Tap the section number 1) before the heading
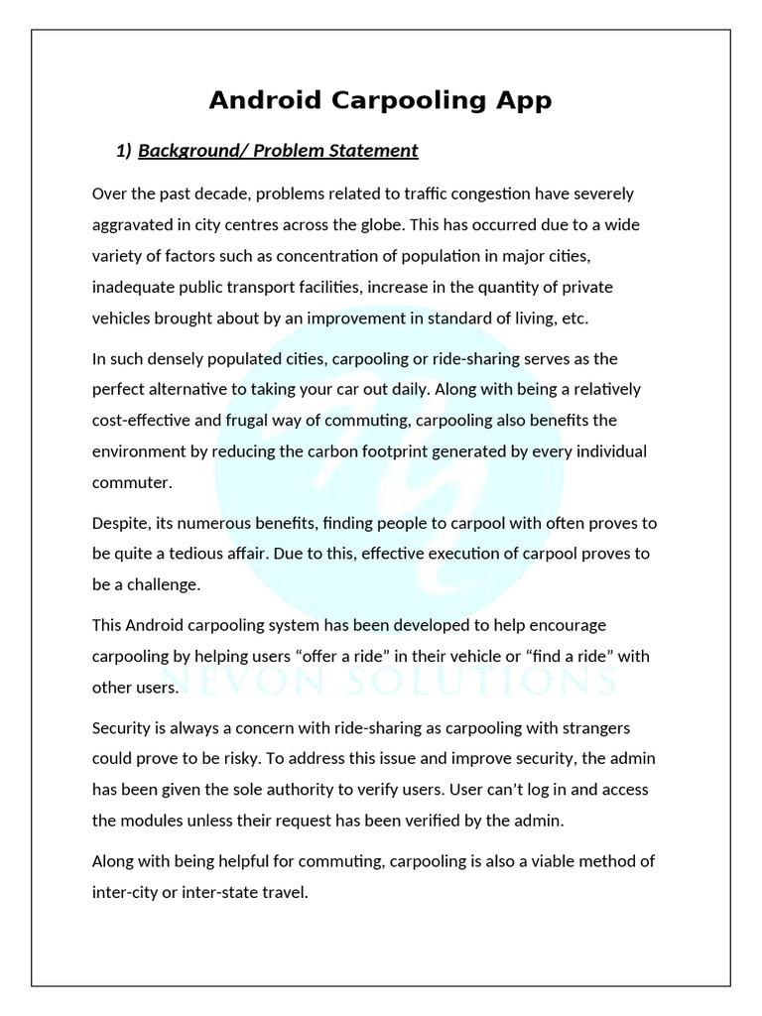point(124,151)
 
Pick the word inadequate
point(132,287)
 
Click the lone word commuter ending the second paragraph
point(131,482)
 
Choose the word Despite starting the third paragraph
point(121,522)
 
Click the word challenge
point(162,584)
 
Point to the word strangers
point(606,727)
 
